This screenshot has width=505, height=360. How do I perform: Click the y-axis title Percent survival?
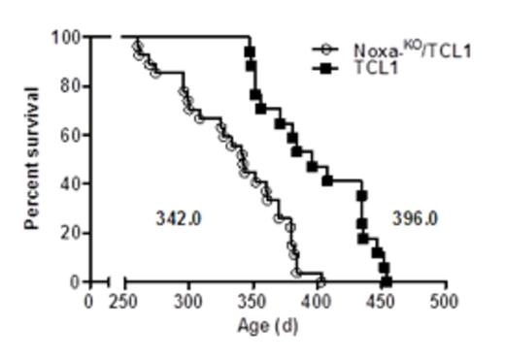32,159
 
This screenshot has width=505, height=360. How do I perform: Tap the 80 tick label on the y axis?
71,86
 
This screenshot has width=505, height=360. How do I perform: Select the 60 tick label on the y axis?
71,135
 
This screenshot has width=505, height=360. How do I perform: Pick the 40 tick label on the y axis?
71,183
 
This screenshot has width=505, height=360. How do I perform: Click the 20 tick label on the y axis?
71,233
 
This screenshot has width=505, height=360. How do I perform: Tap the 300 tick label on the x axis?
188,301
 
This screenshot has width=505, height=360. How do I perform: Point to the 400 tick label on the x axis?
318,301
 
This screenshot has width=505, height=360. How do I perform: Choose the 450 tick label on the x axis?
382,301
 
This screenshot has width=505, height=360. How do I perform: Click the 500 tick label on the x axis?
446,301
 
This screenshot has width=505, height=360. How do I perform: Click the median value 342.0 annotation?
178,218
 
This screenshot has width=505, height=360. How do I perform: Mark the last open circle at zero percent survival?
321,281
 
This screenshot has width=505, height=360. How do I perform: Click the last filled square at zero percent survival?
387,281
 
